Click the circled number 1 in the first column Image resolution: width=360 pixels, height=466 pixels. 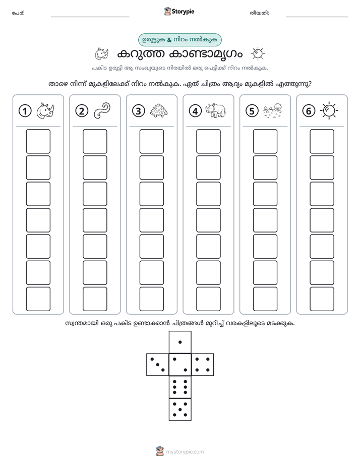click(x=25, y=111)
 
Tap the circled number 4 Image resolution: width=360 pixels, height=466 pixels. click(x=195, y=111)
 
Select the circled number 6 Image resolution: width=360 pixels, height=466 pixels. click(x=309, y=111)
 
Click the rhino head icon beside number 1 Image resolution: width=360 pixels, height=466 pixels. click(x=45, y=111)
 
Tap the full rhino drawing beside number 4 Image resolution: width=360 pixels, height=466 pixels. click(x=215, y=110)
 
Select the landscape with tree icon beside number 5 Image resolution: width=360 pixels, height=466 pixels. click(x=272, y=110)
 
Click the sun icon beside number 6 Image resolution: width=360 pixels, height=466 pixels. click(x=329, y=111)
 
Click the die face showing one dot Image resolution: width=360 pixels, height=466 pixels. click(x=180, y=342)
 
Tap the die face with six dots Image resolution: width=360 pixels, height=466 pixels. click(x=180, y=387)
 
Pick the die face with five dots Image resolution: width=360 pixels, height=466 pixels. click(x=180, y=410)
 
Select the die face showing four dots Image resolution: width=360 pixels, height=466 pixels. click(x=203, y=365)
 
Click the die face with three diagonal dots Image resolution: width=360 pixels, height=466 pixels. click(x=158, y=365)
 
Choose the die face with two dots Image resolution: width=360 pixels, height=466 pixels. click(x=180, y=365)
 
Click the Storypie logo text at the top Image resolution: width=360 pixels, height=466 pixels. click(x=183, y=12)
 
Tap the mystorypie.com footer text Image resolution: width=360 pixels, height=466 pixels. click(x=185, y=452)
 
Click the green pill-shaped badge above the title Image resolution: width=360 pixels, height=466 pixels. click(x=179, y=40)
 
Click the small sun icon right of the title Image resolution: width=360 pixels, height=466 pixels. click(x=258, y=54)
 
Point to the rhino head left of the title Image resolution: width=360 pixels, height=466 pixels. click(x=101, y=54)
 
